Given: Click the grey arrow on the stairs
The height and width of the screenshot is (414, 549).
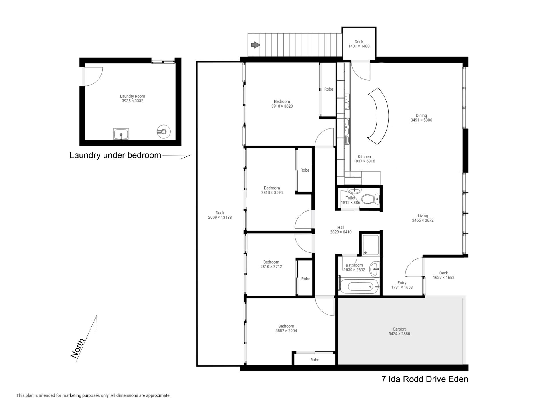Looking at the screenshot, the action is click(256, 45).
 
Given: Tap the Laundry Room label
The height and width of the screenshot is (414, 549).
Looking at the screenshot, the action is click(132, 96).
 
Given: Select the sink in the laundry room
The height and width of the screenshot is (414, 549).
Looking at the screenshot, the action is click(121, 134).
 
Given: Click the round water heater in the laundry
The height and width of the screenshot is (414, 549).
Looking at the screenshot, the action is click(164, 132).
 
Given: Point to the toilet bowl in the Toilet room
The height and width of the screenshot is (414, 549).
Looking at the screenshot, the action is click(371, 199).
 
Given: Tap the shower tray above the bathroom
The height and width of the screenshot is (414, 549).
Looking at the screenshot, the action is click(371, 245).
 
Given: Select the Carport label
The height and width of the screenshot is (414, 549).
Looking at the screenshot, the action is click(399, 329).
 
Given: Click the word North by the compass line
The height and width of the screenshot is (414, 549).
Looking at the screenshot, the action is click(78, 348).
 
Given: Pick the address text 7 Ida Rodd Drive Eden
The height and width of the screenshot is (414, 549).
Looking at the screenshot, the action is click(425, 379).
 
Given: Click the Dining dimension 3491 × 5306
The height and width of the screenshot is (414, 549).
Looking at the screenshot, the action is click(421, 120).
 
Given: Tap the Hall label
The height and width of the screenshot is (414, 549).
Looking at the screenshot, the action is click(341, 228).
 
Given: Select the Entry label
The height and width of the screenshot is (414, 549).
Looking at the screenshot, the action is click(402, 283).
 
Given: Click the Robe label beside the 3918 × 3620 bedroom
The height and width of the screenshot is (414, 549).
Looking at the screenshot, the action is click(329, 89).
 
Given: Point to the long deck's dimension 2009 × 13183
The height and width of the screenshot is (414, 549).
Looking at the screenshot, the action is click(220, 218).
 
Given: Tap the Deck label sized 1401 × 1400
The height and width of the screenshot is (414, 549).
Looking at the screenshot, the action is click(359, 42).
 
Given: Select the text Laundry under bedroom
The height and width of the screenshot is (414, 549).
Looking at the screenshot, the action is click(115, 155).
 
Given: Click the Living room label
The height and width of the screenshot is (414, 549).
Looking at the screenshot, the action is click(423, 216).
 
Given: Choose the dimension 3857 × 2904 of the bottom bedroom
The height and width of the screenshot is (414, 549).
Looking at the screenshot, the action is click(286, 331).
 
